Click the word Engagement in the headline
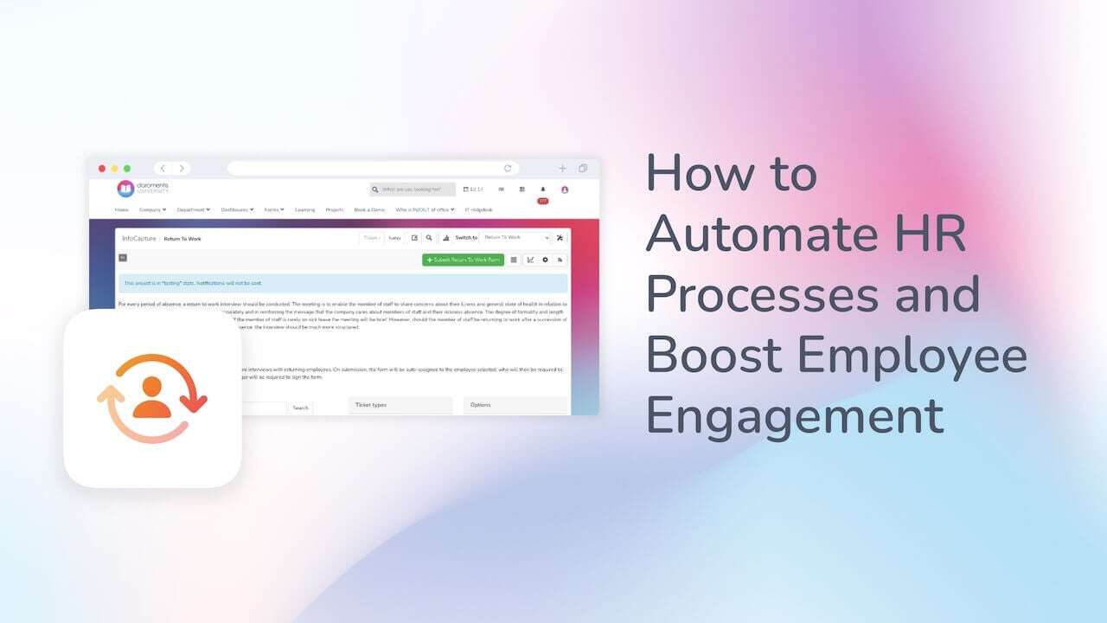tap(795, 415)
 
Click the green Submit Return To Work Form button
tap(463, 260)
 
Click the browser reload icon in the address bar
tap(508, 169)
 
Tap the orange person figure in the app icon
tap(152, 399)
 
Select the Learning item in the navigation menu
tap(304, 209)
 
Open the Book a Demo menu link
tap(369, 209)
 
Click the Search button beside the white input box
tap(300, 408)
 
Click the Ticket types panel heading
tap(371, 405)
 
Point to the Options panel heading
tap(480, 405)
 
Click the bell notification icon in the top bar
tap(543, 189)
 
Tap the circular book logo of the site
tap(125, 189)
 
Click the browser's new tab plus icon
tap(562, 169)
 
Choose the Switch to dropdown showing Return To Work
tap(515, 237)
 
